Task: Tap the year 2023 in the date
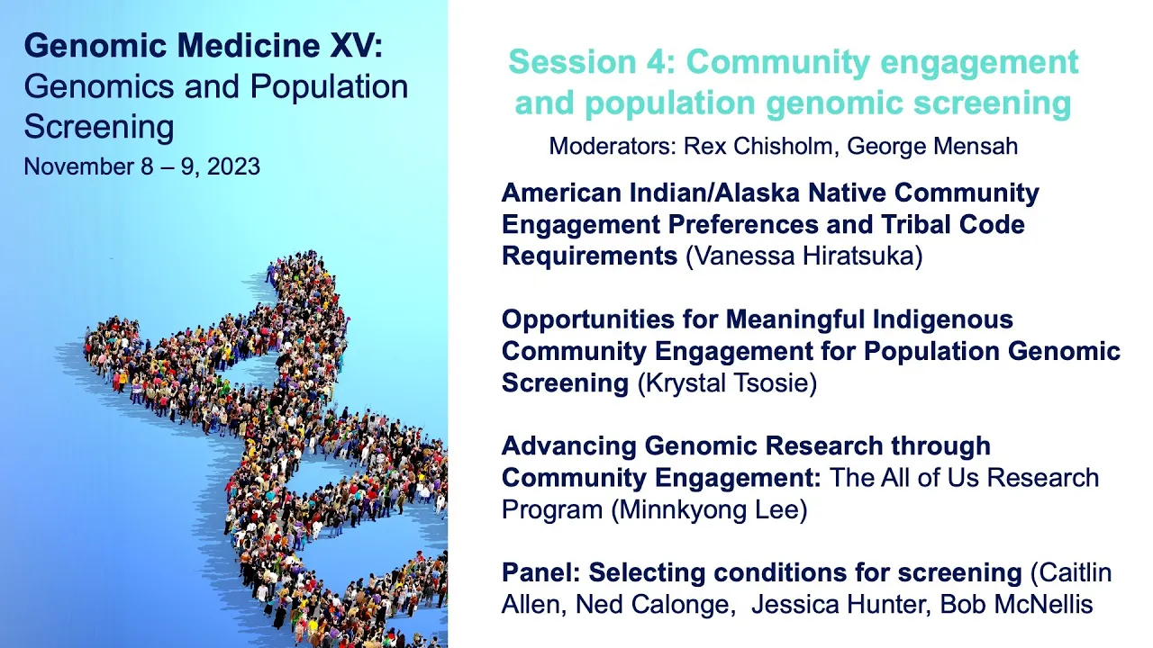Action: (x=233, y=166)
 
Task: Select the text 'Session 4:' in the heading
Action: (x=592, y=62)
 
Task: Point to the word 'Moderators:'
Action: (x=613, y=146)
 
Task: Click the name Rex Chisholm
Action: (x=758, y=146)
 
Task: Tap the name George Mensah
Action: (x=932, y=147)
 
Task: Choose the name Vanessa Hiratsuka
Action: (x=804, y=256)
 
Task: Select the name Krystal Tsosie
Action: (x=727, y=383)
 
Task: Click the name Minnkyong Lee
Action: (x=709, y=509)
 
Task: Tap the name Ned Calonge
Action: (x=651, y=604)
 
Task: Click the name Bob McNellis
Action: (x=1017, y=604)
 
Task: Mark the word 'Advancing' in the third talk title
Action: (x=568, y=446)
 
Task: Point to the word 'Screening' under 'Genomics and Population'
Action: (x=99, y=127)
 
